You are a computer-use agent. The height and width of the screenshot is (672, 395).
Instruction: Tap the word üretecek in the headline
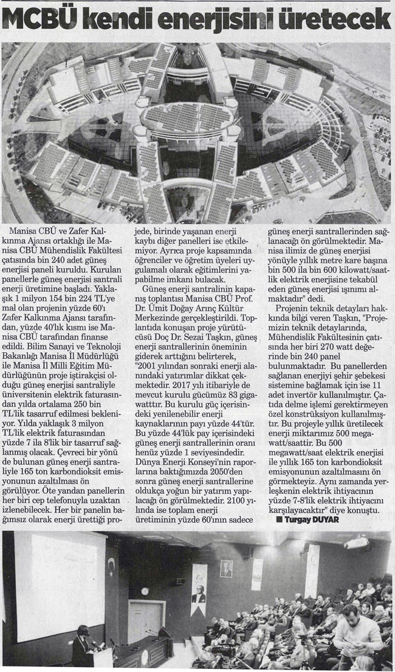click(345, 21)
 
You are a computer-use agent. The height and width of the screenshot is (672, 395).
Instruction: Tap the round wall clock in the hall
click(145, 591)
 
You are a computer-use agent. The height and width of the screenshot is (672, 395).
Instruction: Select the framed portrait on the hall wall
click(226, 568)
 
